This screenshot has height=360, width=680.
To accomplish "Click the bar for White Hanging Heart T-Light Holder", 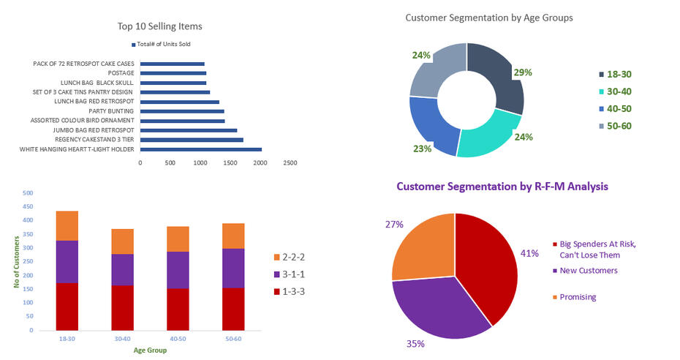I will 200,149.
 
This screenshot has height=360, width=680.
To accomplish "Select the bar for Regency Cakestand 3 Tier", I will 191,139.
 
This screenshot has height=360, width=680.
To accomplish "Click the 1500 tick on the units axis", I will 230,163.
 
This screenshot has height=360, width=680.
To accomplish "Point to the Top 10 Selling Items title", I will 159,26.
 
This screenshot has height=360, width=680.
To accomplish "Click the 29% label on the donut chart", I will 523,72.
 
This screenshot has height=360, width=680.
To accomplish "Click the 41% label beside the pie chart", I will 529,253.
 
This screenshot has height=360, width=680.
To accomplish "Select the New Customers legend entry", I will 588,271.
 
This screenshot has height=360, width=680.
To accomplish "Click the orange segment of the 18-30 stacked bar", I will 67,225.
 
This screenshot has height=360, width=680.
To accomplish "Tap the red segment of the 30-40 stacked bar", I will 123,307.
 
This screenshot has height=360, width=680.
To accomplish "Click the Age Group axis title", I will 150,350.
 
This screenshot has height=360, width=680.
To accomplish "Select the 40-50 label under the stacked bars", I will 178,339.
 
